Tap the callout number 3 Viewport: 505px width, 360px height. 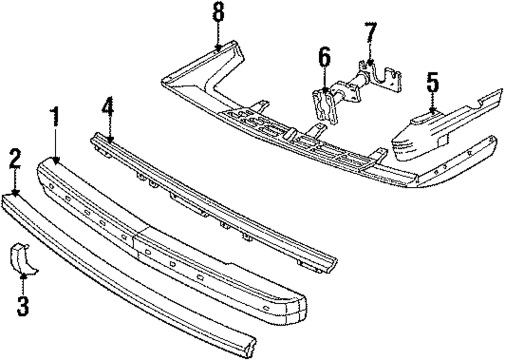(x=22, y=306)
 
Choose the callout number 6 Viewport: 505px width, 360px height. (x=325, y=59)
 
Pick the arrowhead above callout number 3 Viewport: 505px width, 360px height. (x=22, y=274)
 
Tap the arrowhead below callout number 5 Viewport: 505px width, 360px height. (x=432, y=111)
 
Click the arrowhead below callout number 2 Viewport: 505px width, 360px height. (x=15, y=193)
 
